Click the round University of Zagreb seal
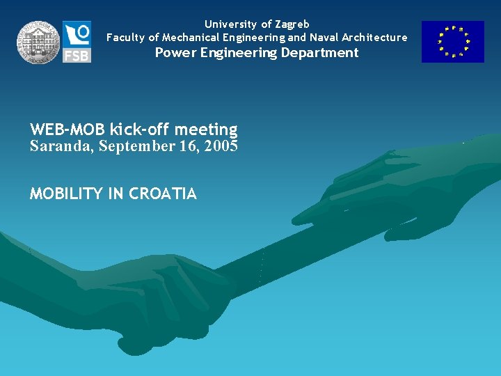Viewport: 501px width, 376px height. pos(39,42)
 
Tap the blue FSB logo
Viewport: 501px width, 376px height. pos(77,42)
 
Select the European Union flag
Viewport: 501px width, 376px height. pos(452,42)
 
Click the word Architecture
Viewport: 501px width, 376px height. pos(374,38)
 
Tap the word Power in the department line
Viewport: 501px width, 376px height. pos(173,53)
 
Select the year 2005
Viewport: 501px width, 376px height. pos(221,146)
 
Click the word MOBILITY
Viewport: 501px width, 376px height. pos(66,194)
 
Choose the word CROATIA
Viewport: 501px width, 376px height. pos(163,194)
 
